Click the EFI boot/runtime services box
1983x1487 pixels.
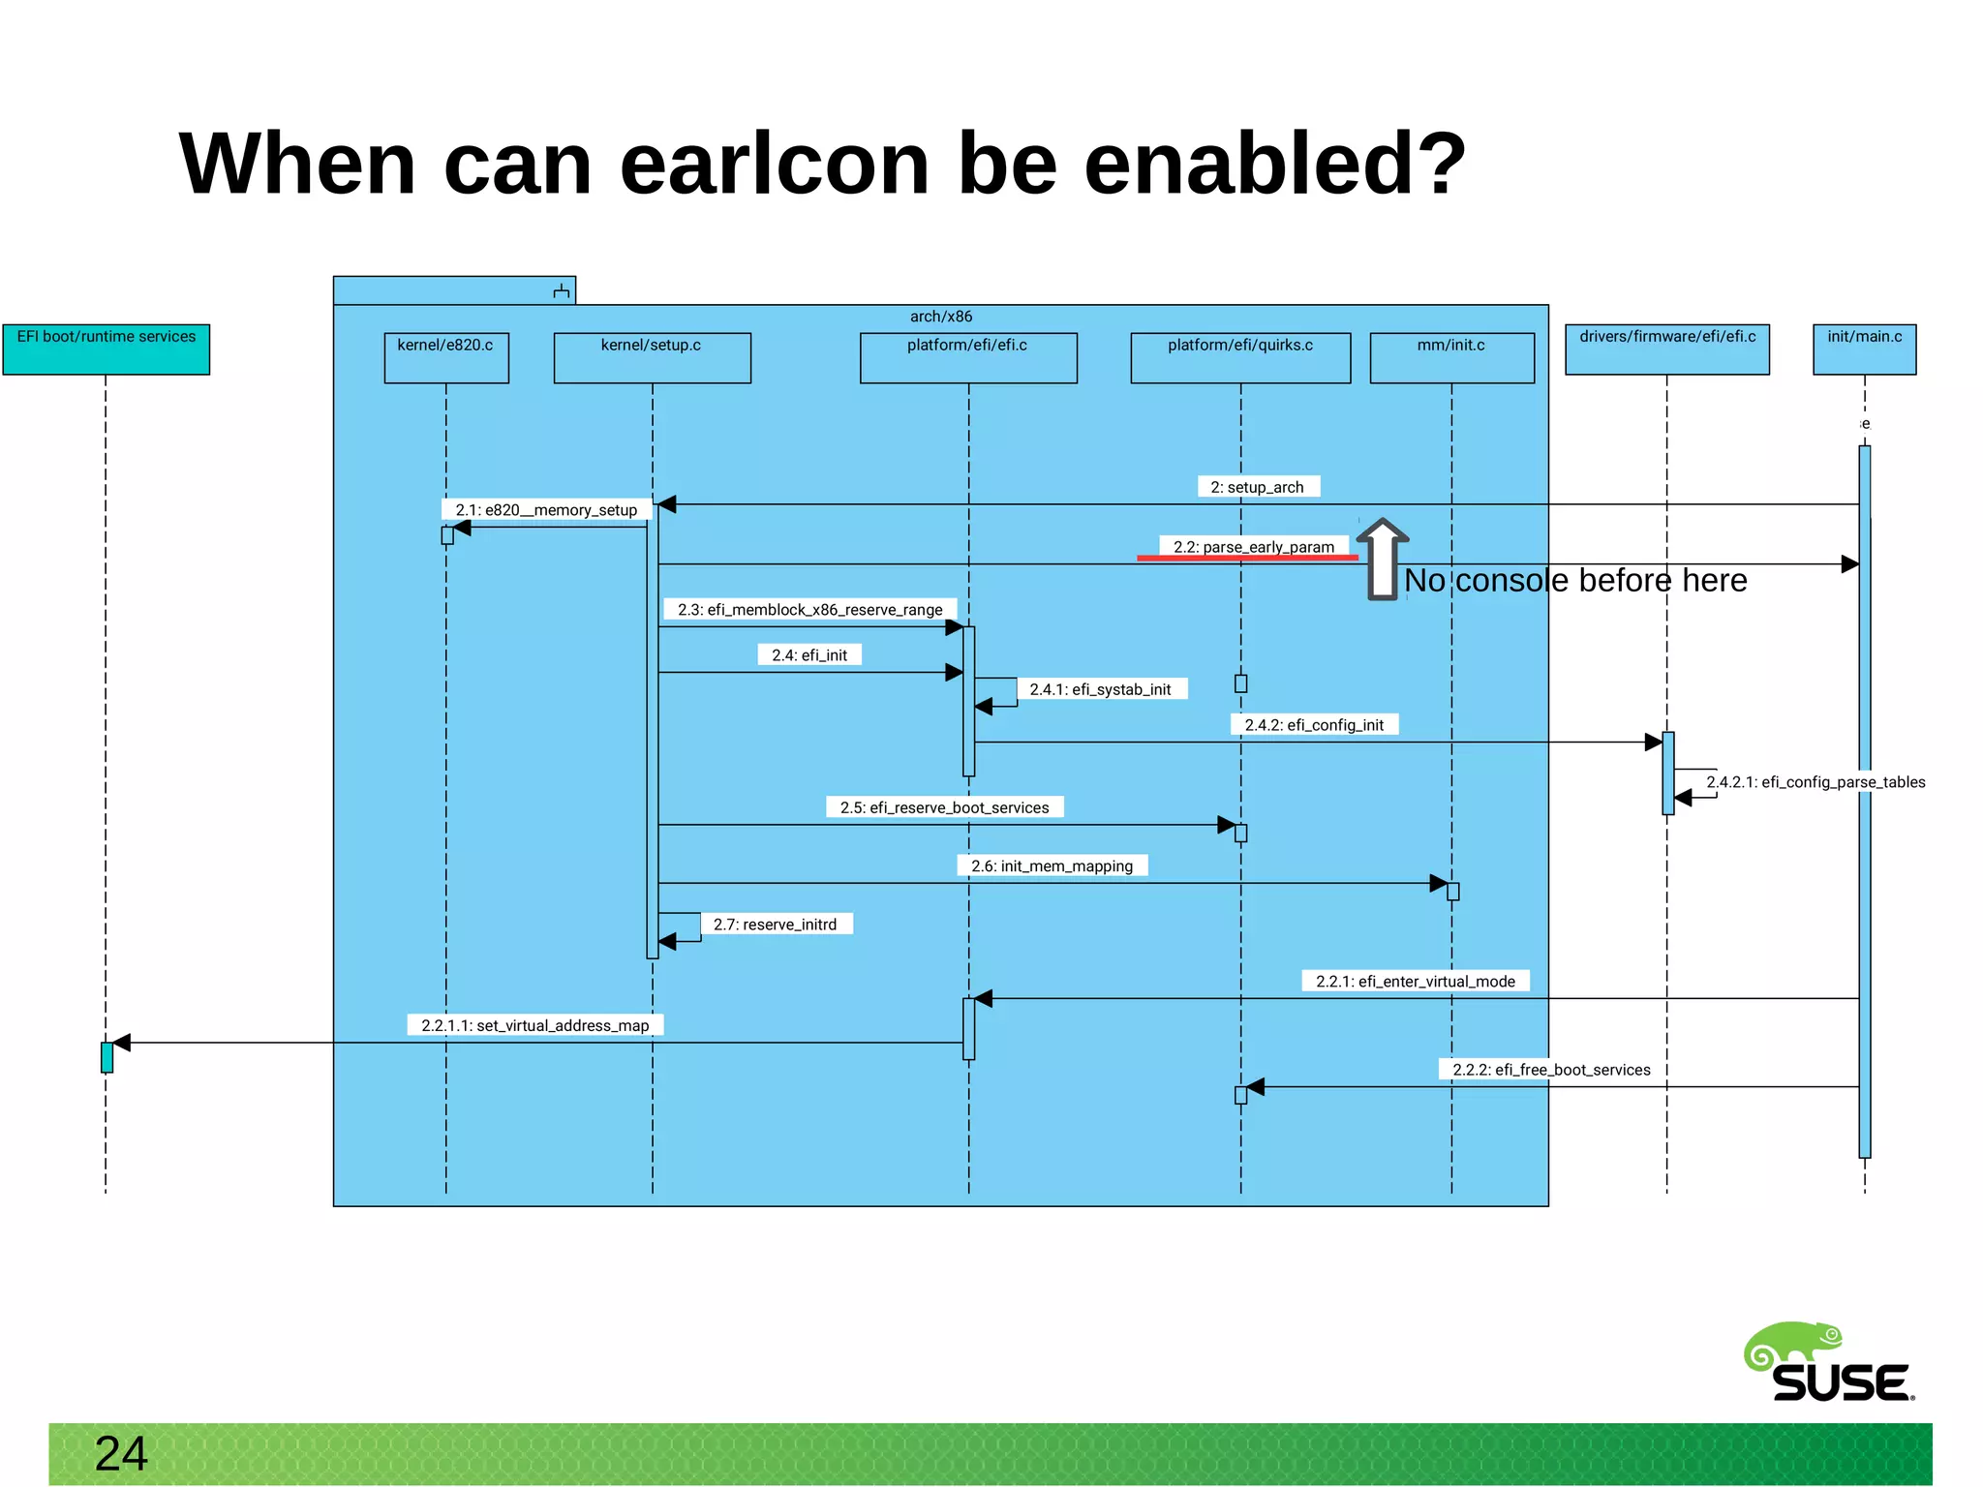[106, 349]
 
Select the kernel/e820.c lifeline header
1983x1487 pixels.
[445, 357]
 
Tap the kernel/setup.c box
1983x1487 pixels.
[652, 357]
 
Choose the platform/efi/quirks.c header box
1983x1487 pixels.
[1239, 357]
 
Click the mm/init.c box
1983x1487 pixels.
[1451, 357]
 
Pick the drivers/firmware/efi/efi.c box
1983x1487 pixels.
[1666, 349]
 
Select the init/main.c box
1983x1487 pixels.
[1864, 349]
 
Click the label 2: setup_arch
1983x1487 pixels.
[1257, 487]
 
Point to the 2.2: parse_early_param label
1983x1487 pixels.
[1253, 547]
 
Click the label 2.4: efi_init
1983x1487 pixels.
[808, 655]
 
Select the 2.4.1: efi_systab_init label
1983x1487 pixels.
[1100, 689]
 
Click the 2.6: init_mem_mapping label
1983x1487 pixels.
[1052, 865]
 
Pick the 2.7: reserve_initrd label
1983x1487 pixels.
[775, 925]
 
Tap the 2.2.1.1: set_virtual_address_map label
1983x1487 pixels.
[534, 1025]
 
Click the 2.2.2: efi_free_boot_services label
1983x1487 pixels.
[1551, 1070]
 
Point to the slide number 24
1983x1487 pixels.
[121, 1454]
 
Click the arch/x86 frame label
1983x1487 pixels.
[940, 317]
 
